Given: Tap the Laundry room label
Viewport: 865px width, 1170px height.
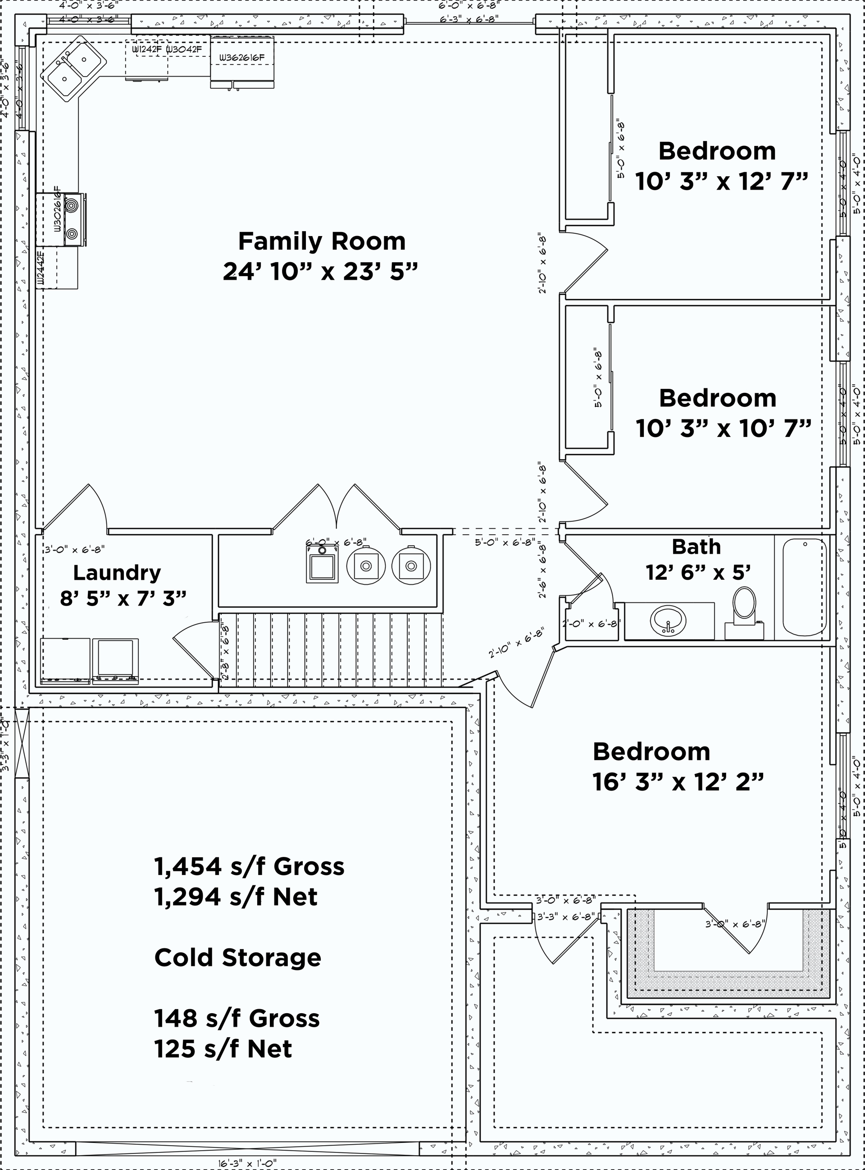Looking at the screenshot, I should [117, 573].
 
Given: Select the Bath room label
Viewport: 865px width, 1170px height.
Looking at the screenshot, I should [696, 546].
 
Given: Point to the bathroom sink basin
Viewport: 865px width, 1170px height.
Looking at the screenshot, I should [668, 621].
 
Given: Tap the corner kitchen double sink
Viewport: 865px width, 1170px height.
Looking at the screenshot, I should [74, 68].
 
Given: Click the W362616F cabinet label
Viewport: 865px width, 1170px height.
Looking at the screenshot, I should [241, 58].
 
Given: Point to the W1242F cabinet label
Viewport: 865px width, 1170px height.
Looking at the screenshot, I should [146, 50].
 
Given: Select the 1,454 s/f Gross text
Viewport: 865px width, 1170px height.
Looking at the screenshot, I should [249, 866].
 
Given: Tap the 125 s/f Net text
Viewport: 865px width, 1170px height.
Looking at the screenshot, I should [223, 1048].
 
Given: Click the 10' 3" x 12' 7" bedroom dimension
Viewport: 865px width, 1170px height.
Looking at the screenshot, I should [722, 181].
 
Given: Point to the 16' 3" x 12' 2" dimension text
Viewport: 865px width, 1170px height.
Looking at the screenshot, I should [678, 782].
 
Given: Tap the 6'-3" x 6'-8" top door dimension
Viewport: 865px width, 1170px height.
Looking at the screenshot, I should [469, 19].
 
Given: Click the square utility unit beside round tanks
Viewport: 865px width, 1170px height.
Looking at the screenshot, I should [322, 565].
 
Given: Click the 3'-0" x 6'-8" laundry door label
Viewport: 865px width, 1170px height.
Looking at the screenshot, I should [75, 550].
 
